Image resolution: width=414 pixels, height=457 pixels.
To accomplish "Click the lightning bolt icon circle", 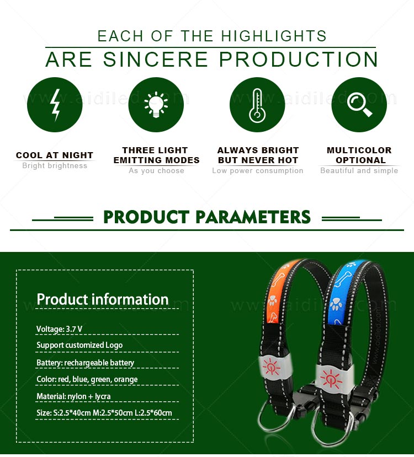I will click(x=55, y=105).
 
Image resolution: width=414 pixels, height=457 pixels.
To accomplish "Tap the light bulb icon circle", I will click(x=156, y=105).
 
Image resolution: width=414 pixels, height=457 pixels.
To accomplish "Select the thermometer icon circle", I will click(x=257, y=105).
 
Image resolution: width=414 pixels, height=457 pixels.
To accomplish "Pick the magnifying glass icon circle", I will click(x=359, y=105).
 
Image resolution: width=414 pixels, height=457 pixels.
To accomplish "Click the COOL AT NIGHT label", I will click(x=55, y=155).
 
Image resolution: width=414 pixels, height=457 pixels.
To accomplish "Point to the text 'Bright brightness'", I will click(x=55, y=166).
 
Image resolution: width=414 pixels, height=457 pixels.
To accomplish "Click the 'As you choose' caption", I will click(x=156, y=171).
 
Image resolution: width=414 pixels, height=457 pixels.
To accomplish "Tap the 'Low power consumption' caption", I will click(x=258, y=171).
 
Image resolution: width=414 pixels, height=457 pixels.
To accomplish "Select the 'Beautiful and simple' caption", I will click(x=359, y=171).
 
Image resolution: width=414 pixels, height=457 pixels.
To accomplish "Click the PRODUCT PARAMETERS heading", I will click(x=207, y=217).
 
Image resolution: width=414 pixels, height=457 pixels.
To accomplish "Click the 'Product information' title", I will click(x=103, y=299).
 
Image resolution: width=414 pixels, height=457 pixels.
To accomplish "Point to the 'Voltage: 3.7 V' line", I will click(x=60, y=329).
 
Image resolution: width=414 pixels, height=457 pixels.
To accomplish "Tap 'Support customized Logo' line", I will click(x=79, y=345).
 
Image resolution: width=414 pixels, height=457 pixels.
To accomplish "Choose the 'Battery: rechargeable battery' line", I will click(x=86, y=363).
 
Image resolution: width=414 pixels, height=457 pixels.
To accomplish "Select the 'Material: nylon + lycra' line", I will click(x=73, y=396).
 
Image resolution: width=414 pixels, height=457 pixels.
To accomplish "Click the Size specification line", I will click(x=104, y=413).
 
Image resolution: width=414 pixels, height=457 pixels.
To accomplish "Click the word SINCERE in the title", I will click(x=166, y=60).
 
